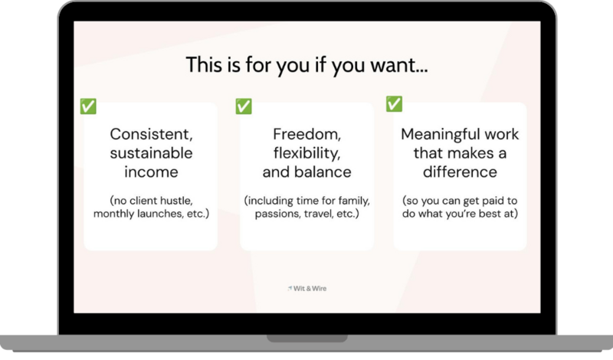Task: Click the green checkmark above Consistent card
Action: [88, 106]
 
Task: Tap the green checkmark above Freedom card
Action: [244, 106]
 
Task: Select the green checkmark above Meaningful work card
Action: [394, 103]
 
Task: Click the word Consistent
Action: [151, 134]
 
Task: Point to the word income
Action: [151, 172]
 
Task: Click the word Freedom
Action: [306, 134]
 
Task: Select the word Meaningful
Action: [440, 134]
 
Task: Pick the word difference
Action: [461, 172]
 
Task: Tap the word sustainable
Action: [151, 153]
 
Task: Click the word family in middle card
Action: [351, 201]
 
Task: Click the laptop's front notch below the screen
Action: [306, 338]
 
